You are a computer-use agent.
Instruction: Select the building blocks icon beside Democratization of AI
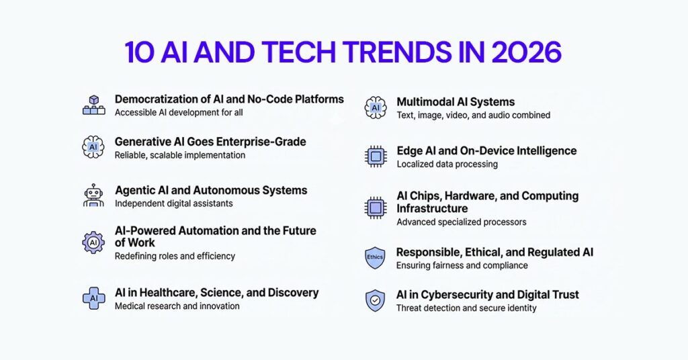[93, 105]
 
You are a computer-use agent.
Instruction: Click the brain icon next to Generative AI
[93, 147]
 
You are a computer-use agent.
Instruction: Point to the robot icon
[93, 195]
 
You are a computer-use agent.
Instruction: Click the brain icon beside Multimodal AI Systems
[376, 107]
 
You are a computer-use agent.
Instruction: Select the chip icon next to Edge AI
[376, 156]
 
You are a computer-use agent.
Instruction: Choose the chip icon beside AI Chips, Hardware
[376, 208]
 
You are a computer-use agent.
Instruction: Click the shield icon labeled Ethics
[375, 257]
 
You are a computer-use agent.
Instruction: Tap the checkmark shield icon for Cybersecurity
[375, 300]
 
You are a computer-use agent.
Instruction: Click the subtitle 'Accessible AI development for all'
[179, 113]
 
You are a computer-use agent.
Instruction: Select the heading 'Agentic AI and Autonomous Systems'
[211, 190]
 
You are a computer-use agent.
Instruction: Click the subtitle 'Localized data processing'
[447, 164]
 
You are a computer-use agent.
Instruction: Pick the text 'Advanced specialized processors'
[462, 222]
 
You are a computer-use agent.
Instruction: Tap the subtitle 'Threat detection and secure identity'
[466, 308]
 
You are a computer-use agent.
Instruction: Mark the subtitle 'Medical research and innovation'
[177, 306]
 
